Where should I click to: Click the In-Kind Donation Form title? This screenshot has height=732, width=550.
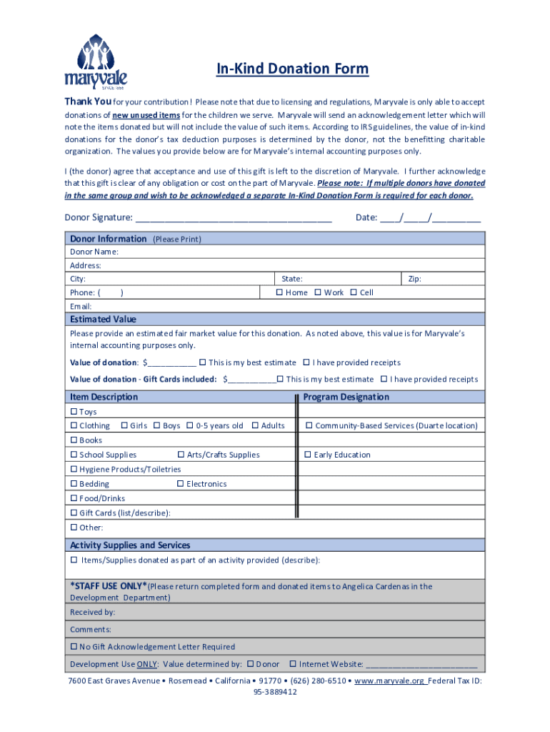293,69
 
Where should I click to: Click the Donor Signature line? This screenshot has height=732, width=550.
233,218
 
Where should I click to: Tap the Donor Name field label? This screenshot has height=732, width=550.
94,252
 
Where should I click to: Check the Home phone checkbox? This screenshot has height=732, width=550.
280,292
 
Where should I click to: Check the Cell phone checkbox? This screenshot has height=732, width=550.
354,292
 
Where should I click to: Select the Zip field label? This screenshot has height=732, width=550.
414,279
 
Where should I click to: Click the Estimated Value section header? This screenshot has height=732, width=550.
103,319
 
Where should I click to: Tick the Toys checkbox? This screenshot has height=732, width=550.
74,412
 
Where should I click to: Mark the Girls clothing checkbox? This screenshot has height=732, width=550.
124,426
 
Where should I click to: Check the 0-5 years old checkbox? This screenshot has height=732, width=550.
190,426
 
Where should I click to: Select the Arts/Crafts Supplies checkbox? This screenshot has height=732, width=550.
181,455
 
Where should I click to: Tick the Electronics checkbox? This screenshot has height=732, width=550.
181,484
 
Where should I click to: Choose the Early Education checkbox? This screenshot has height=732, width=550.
309,455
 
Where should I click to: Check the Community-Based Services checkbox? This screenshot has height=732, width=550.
309,426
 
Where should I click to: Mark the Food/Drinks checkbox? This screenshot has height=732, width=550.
74,498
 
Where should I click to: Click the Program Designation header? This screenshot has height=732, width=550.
346,397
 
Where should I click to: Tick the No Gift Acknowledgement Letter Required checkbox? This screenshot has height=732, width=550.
74,647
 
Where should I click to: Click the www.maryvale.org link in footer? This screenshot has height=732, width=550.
389,681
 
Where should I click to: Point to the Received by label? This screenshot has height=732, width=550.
92,612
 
